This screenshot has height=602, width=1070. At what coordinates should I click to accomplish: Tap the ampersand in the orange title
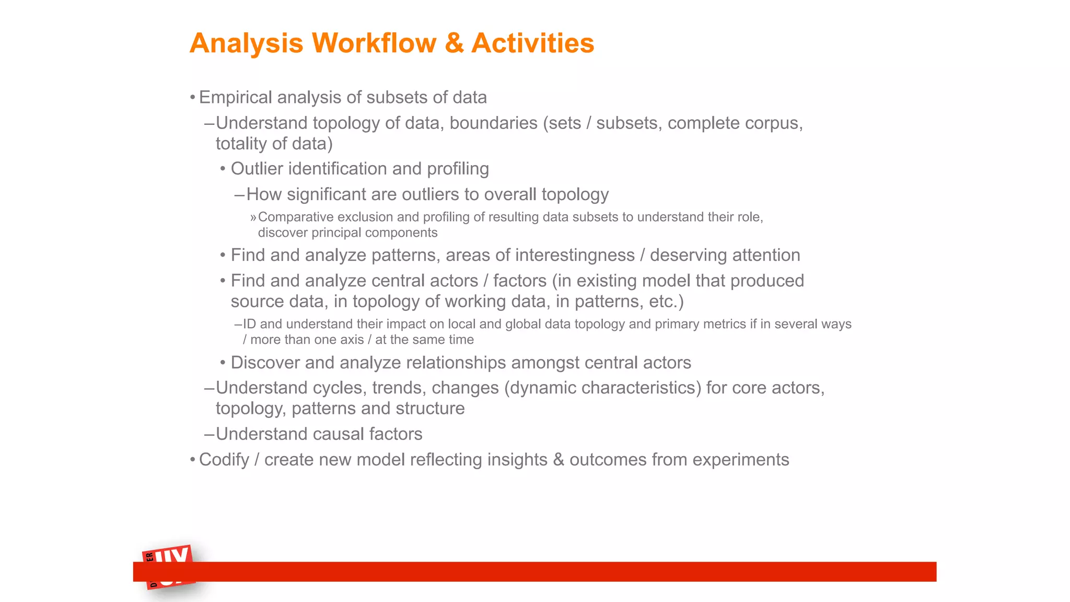tap(454, 43)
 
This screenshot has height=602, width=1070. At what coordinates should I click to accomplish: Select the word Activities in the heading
tap(532, 43)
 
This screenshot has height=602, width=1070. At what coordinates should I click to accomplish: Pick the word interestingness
tap(575, 255)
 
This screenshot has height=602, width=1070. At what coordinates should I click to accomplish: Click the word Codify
tap(224, 460)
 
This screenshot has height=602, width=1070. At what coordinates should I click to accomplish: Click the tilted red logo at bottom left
tap(169, 567)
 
